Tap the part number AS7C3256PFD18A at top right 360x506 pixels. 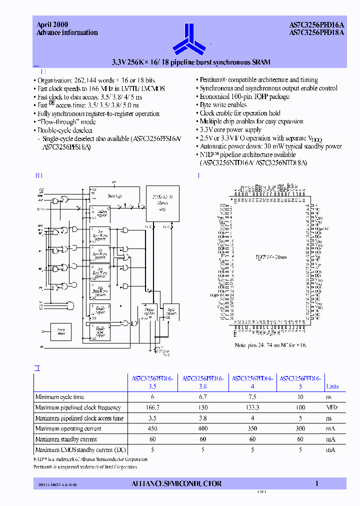coord(317,33)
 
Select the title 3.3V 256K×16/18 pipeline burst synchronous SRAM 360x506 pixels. coord(190,62)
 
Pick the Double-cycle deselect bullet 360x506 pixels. coord(65,130)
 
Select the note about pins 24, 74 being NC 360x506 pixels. coord(271,345)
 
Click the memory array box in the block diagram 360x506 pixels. coord(162,203)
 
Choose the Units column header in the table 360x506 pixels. coord(332,386)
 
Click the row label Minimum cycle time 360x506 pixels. coord(59,397)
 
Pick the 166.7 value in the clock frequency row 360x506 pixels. coord(152,407)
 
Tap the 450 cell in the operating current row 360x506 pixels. coord(152,428)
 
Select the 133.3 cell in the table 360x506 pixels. coord(252,407)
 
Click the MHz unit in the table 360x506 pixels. coord(332,407)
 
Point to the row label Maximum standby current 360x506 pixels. coord(66,439)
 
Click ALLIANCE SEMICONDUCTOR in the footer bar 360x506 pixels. coord(176,483)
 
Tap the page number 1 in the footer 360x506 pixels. coord(317,483)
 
